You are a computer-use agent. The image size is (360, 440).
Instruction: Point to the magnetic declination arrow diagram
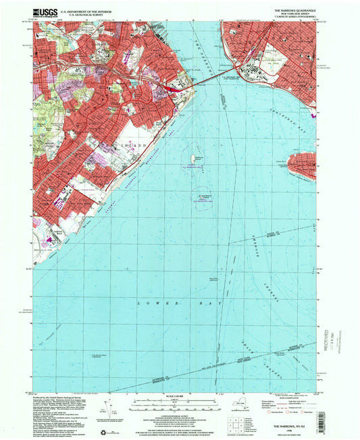pyautogui.click(x=109, y=410)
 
